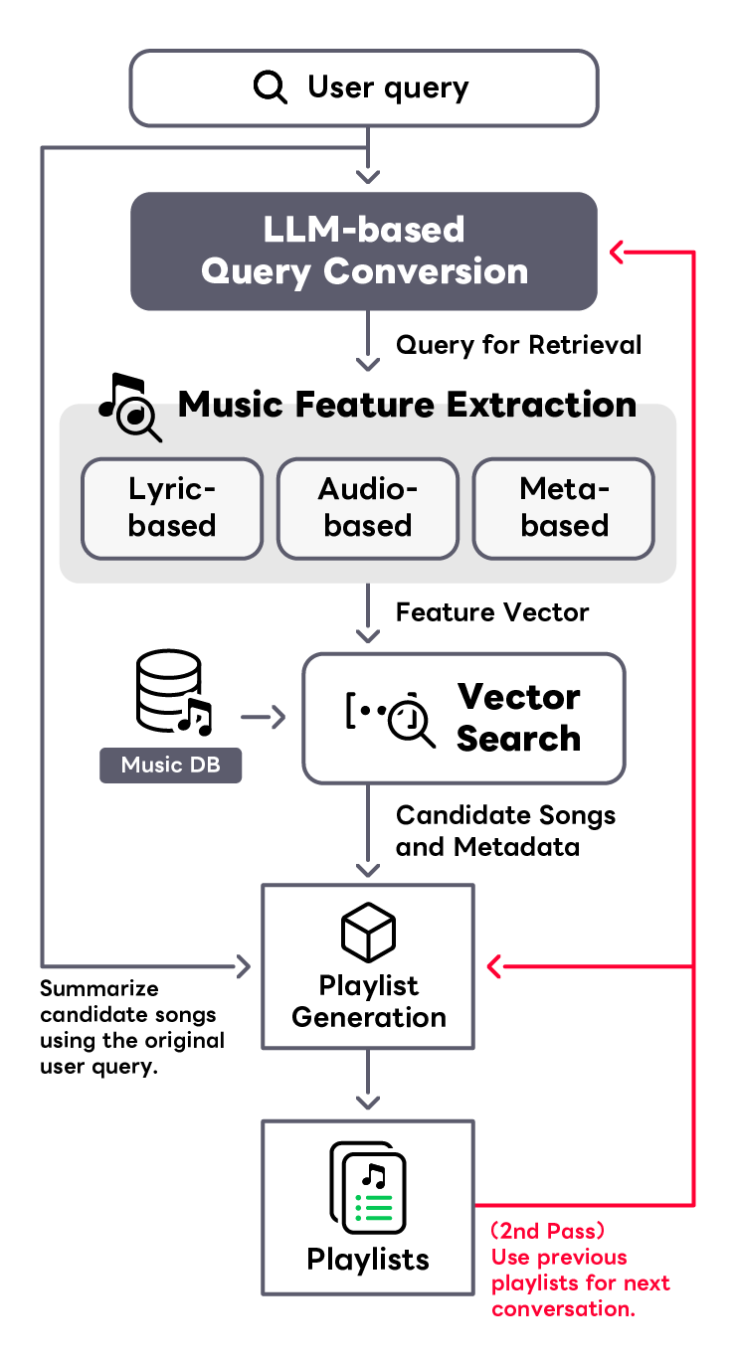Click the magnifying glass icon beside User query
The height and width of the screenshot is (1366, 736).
coord(271,87)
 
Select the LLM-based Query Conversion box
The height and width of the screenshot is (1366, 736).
coord(364,252)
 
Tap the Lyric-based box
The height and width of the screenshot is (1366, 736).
coord(172,509)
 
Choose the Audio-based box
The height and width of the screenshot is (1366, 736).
coord(368,509)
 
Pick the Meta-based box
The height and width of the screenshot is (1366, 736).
coord(564,509)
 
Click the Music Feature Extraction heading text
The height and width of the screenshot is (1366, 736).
coord(407,405)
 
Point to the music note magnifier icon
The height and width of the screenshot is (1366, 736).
coord(130,408)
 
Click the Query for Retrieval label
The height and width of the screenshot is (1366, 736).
coord(519,345)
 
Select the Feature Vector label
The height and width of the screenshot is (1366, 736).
coord(492,612)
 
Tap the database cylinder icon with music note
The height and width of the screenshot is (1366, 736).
coord(173,692)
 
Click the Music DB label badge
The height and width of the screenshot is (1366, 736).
coord(170,765)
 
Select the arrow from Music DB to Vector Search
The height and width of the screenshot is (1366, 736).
coord(263,717)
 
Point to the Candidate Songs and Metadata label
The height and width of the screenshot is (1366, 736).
coord(506,830)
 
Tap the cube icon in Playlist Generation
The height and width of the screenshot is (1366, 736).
coord(368,933)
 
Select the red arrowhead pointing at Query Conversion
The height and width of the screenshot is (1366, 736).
coord(617,252)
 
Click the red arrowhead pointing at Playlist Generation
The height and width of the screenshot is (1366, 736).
coord(494,966)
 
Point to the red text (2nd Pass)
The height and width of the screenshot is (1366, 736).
coord(547,1231)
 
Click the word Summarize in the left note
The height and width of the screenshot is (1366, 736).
coord(99,988)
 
